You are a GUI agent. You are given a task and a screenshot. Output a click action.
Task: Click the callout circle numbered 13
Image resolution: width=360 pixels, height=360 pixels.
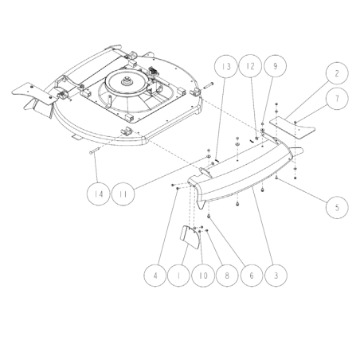pos(225,66)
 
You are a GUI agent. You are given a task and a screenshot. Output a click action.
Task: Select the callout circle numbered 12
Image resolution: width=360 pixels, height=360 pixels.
pos(250,66)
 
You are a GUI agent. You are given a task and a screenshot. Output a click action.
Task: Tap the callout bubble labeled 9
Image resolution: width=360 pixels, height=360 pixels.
pos(276,66)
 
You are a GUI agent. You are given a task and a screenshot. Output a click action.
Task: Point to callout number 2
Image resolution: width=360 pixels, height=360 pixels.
pos(337,73)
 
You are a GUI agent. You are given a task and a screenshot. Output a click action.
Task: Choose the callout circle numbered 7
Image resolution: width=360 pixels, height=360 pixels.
pos(337,99)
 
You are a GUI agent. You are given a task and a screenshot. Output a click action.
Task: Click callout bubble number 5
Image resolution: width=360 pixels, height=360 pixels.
pos(337,207)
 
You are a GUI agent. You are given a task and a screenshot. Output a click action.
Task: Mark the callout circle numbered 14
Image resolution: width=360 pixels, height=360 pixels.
pos(98,194)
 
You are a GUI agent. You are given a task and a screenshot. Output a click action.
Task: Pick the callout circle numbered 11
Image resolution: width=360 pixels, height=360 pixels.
pos(123,194)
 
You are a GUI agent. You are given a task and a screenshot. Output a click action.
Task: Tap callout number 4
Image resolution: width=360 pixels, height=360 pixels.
pos(155,276)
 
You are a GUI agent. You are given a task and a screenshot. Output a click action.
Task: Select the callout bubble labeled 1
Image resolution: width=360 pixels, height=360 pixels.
pos(178,276)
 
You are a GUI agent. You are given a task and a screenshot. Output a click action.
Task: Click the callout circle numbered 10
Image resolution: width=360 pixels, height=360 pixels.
pos(203,276)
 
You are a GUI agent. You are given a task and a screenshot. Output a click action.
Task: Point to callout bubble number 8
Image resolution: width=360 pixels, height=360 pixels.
pos(227,276)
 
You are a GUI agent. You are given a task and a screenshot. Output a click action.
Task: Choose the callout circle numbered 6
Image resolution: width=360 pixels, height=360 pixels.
pos(252,276)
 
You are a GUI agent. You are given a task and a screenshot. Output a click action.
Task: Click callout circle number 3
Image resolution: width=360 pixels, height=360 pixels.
pos(276,276)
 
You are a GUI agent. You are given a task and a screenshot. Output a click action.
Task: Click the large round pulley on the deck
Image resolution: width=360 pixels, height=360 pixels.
pos(127,83)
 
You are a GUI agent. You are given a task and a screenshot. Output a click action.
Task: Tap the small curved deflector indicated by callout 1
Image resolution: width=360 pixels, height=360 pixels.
pos(190,237)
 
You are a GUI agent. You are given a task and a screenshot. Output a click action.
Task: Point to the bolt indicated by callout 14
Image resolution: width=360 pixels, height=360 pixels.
pos(94,151)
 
